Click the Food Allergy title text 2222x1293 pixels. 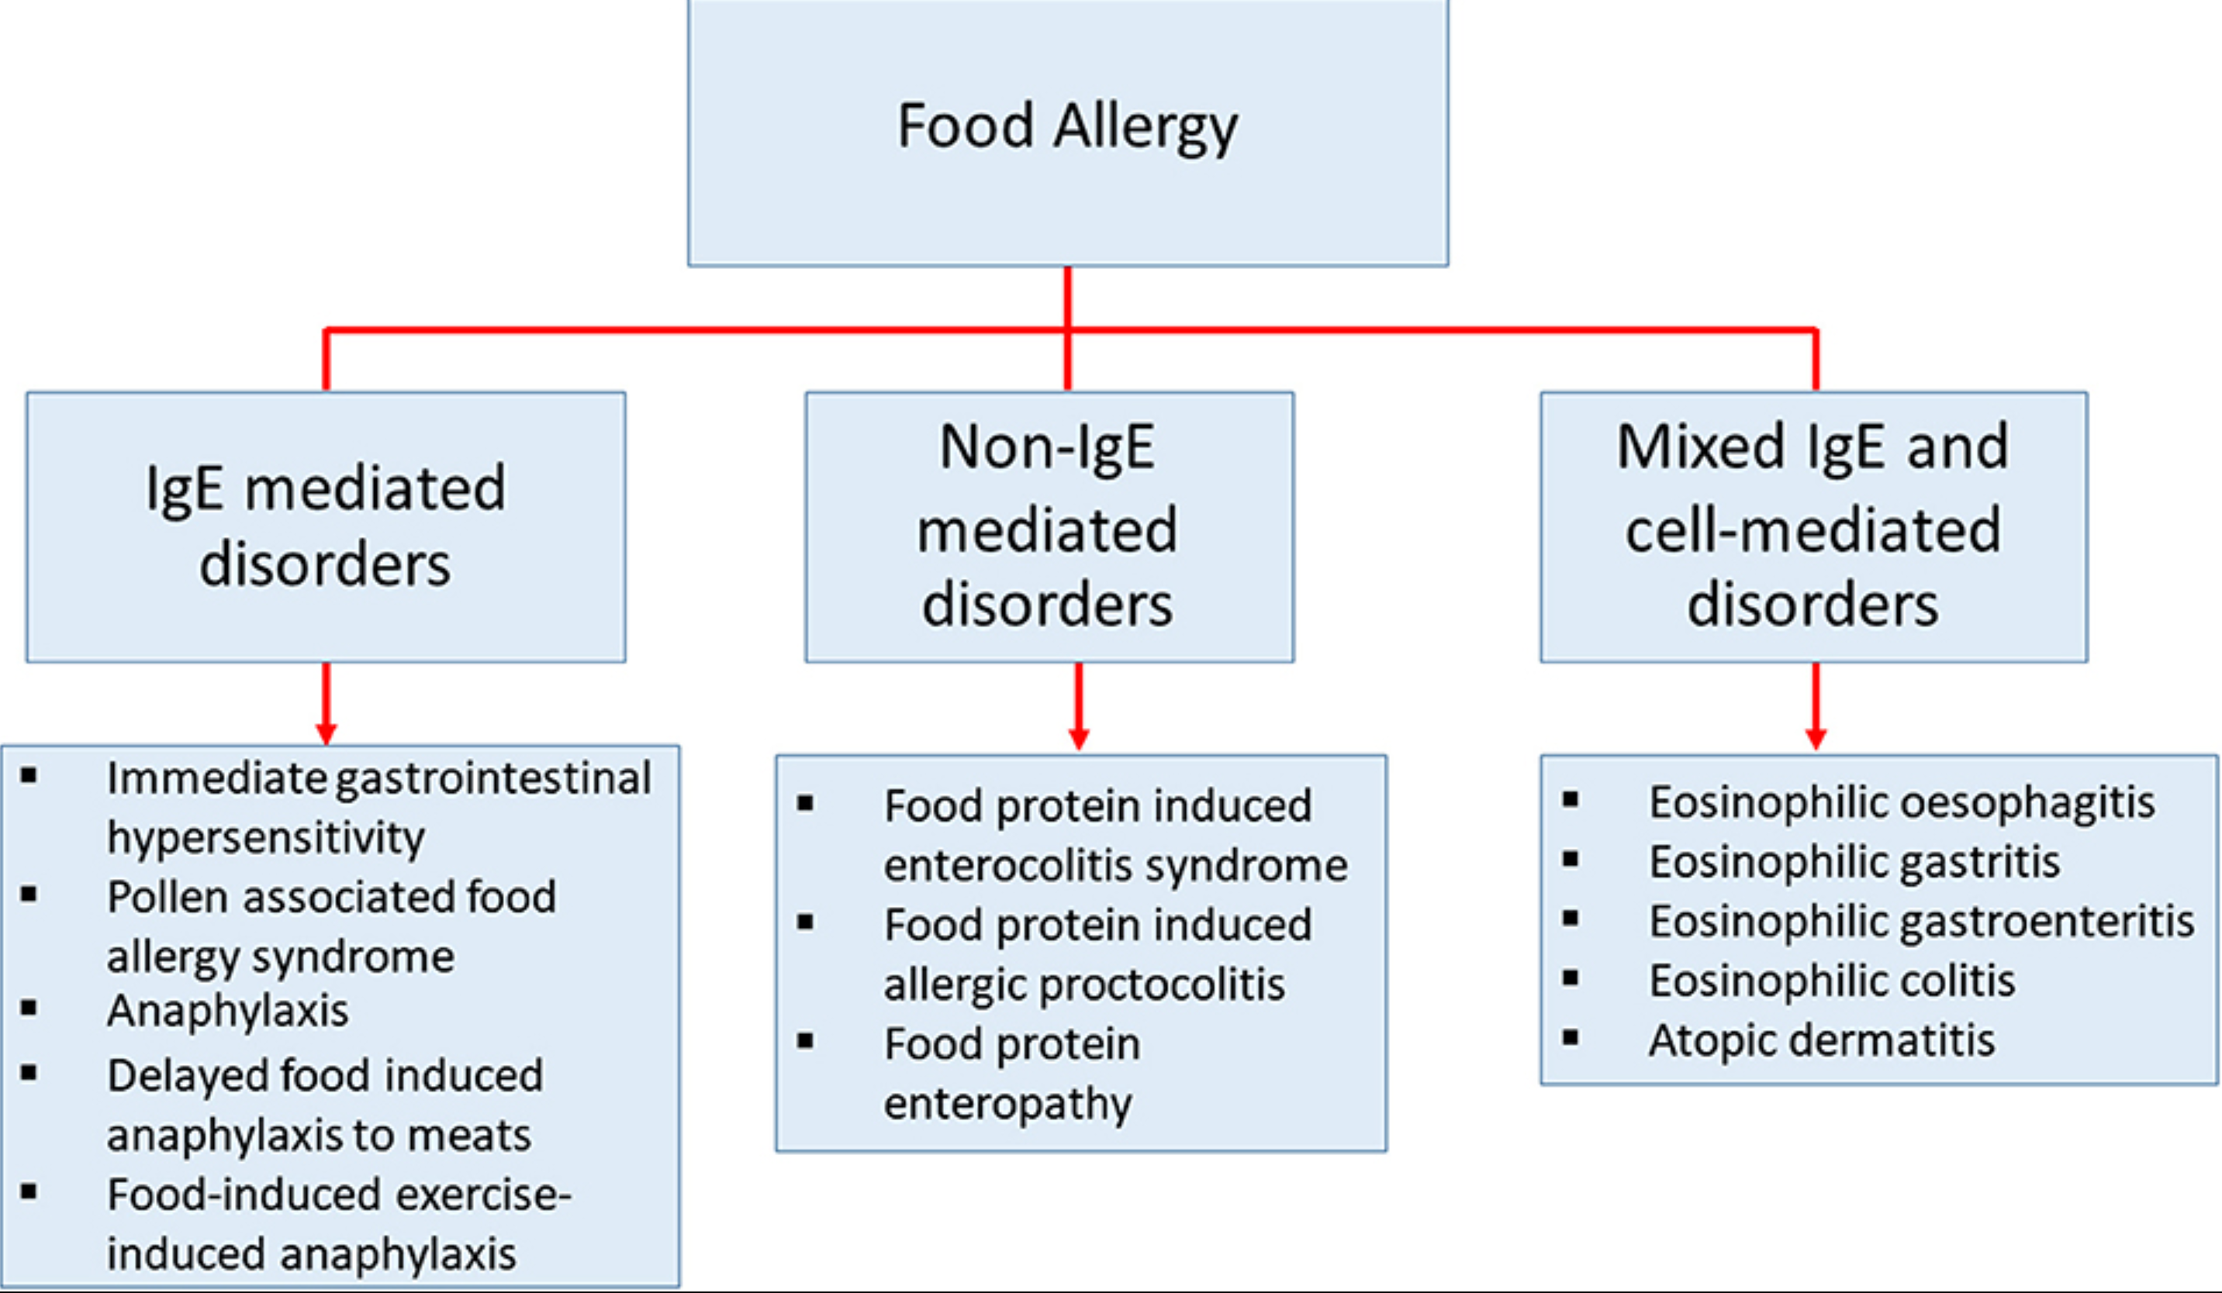pyautogui.click(x=1067, y=126)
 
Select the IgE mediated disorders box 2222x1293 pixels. pyautogui.click(x=326, y=526)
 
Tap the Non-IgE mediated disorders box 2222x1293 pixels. pyautogui.click(x=1049, y=526)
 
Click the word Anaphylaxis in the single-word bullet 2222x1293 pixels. pyautogui.click(x=227, y=1010)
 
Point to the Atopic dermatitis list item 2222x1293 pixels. pyautogui.click(x=1822, y=1040)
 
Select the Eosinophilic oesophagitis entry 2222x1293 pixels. pyautogui.click(x=1902, y=802)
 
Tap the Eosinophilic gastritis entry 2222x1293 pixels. pyautogui.click(x=1854, y=861)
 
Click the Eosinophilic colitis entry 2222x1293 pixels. pyautogui.click(x=1832, y=980)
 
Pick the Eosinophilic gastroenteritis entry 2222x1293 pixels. pyautogui.click(x=1921, y=921)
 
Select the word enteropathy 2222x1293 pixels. pyautogui.click(x=1007, y=1104)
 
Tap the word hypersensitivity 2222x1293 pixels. pyautogui.click(x=265, y=836)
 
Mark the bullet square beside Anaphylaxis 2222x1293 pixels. pyautogui.click(x=29, y=1008)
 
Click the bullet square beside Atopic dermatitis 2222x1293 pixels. pyautogui.click(x=1571, y=1037)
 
